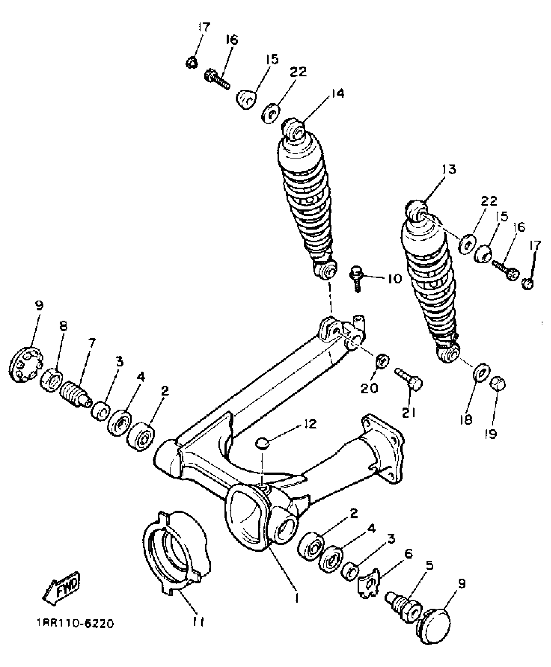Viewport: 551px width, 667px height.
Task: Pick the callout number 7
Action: [x=92, y=342]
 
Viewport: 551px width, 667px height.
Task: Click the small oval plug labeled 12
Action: [x=263, y=443]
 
